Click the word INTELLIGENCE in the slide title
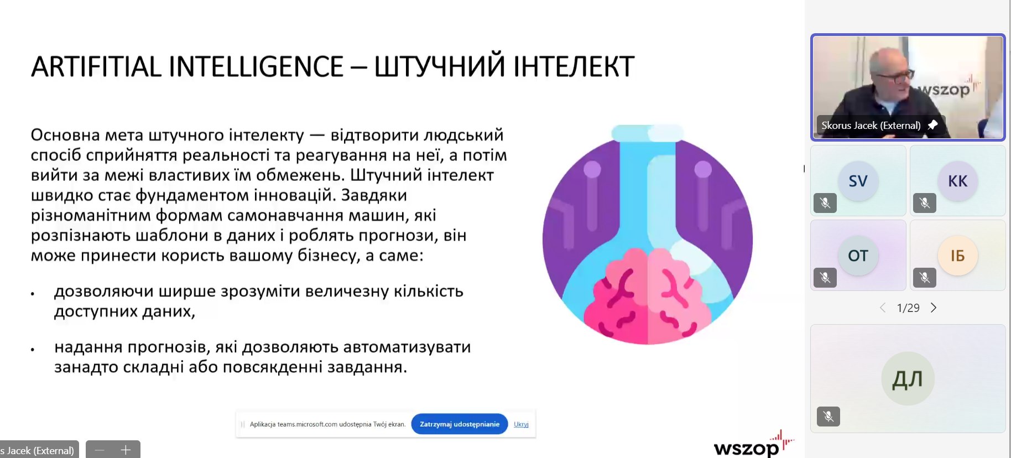256,66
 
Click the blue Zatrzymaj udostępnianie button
460,424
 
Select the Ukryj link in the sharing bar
521,424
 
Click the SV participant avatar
858,181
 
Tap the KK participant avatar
958,181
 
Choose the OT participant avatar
858,256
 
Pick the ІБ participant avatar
958,256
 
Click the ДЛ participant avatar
908,379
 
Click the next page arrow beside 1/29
934,308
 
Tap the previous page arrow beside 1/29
883,308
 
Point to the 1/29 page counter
908,308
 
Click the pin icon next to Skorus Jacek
932,125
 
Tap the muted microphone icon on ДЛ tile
828,416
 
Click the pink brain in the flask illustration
647,295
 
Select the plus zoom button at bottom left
126,450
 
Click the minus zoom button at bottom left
100,450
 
